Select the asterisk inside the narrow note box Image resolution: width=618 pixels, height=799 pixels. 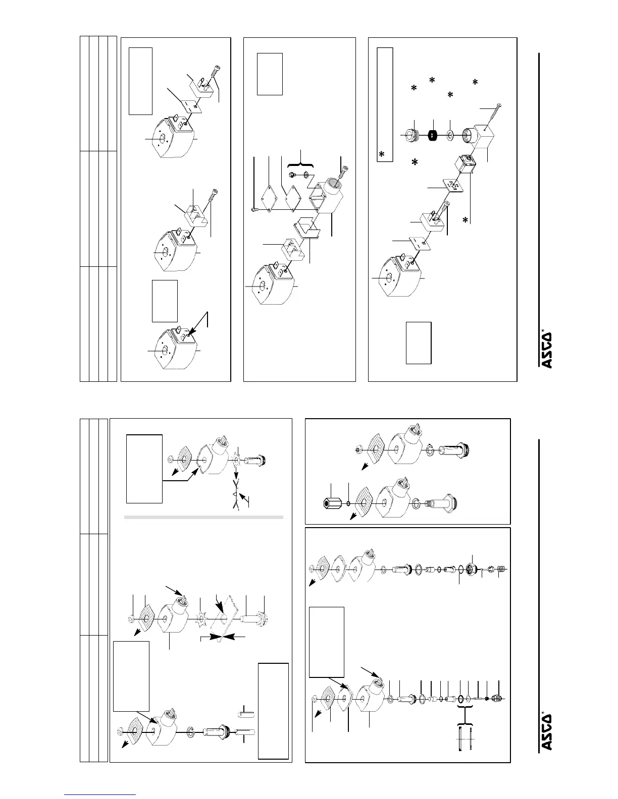tap(382, 155)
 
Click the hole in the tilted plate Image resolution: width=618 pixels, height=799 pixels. tap(222, 617)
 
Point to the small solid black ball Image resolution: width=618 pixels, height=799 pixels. tap(486, 698)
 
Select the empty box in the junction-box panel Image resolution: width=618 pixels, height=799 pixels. tap(270, 74)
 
